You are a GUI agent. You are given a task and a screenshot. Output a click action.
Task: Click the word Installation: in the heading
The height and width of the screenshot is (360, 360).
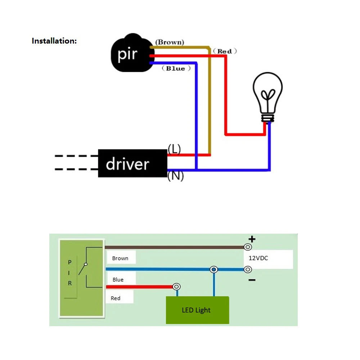[x=54, y=41]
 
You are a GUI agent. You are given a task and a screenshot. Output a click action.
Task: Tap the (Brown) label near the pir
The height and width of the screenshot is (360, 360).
[x=169, y=42]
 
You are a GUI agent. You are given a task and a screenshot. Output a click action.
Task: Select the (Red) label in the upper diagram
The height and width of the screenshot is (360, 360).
[x=224, y=51]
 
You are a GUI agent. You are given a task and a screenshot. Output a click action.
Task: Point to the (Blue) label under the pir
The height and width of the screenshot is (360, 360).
[x=176, y=68]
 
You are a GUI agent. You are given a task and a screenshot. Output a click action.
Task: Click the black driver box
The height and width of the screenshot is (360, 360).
[x=132, y=164]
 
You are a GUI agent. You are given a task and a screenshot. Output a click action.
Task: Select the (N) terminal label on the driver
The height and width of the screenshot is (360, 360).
[x=175, y=176]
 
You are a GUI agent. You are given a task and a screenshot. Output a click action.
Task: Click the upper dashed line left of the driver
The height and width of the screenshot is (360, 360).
[x=76, y=156]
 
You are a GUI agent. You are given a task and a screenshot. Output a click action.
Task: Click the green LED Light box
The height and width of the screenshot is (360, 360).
[x=197, y=310]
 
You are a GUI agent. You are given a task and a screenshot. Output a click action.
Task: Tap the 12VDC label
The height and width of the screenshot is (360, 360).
[x=258, y=258]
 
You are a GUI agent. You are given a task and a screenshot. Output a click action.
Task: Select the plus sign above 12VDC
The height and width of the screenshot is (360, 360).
[x=252, y=239]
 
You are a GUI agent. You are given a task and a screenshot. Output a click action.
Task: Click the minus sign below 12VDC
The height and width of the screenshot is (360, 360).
[x=252, y=280]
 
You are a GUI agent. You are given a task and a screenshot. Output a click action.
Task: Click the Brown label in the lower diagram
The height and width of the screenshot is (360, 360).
[x=120, y=258]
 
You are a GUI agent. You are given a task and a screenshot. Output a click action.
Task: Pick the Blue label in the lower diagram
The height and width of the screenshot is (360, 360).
[x=118, y=279]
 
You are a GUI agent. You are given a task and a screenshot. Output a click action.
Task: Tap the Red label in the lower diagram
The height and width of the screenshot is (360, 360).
[x=116, y=298]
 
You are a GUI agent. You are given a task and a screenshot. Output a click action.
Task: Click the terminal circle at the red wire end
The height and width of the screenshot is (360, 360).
[x=176, y=287]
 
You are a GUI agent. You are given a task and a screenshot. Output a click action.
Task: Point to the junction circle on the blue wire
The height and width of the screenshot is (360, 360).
[x=214, y=269]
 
